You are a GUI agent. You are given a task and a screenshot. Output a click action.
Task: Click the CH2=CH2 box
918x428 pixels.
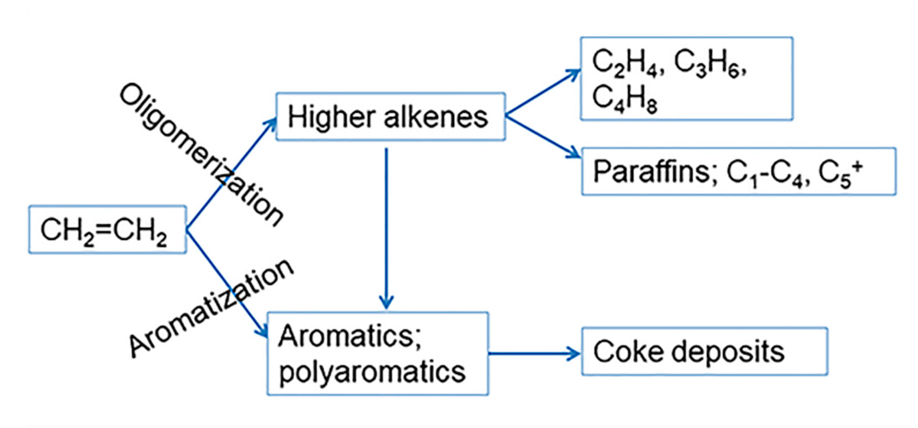pyautogui.click(x=107, y=230)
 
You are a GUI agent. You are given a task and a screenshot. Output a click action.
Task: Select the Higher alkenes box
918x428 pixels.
pyautogui.click(x=390, y=117)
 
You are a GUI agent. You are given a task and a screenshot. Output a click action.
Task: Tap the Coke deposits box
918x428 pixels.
pyautogui.click(x=704, y=351)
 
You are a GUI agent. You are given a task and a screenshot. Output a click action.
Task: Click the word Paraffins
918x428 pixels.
pyautogui.click(x=651, y=172)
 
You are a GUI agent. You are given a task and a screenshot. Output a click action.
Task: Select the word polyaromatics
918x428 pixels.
pyautogui.click(x=372, y=372)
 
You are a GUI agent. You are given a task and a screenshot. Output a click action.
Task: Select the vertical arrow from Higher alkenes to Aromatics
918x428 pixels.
pyautogui.click(x=386, y=229)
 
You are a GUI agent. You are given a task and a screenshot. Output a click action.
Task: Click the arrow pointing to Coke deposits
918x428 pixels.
pyautogui.click(x=534, y=353)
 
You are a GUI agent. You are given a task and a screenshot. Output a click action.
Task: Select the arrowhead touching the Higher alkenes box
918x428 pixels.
pyautogui.click(x=271, y=123)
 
